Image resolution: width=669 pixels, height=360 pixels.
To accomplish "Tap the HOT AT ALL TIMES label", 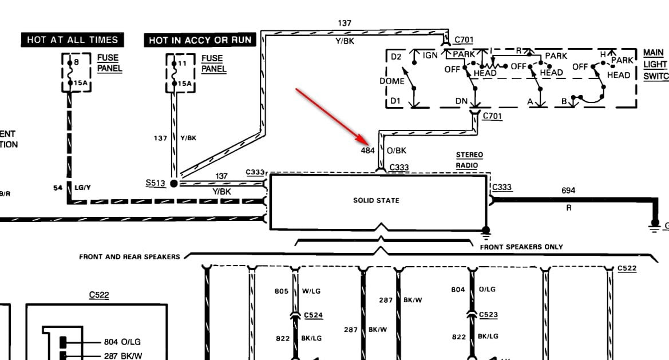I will pos(72,40).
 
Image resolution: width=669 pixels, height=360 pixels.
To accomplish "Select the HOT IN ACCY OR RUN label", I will pos(200,40).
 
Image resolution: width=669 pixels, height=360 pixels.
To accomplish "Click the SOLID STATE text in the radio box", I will pos(376,200).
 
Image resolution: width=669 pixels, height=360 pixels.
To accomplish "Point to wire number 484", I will pos(367,151).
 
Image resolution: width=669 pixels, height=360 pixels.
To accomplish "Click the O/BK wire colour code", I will pos(397,151).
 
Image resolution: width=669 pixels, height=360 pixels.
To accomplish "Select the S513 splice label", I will pos(155,183).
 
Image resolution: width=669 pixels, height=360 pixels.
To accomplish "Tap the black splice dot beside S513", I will pos(173,183).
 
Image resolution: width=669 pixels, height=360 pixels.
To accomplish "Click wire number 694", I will pos(568,191).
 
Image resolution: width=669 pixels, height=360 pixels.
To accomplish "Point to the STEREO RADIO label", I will pos(469,160).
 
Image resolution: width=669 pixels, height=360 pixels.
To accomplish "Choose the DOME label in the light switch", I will pos(391,81).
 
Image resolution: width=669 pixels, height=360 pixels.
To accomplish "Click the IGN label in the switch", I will pos(430,55).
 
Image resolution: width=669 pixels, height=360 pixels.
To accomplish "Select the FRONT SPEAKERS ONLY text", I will pos(521,247).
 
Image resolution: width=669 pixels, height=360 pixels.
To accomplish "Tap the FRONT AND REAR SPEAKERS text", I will pos(129,257).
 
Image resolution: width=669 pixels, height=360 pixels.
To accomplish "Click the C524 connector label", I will pos(313,315).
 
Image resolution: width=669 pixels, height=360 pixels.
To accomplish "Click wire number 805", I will pos(282,291).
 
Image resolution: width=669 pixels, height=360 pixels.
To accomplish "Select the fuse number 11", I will pos(182,64).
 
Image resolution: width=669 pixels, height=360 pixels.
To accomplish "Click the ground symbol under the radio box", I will pos(486,233).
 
